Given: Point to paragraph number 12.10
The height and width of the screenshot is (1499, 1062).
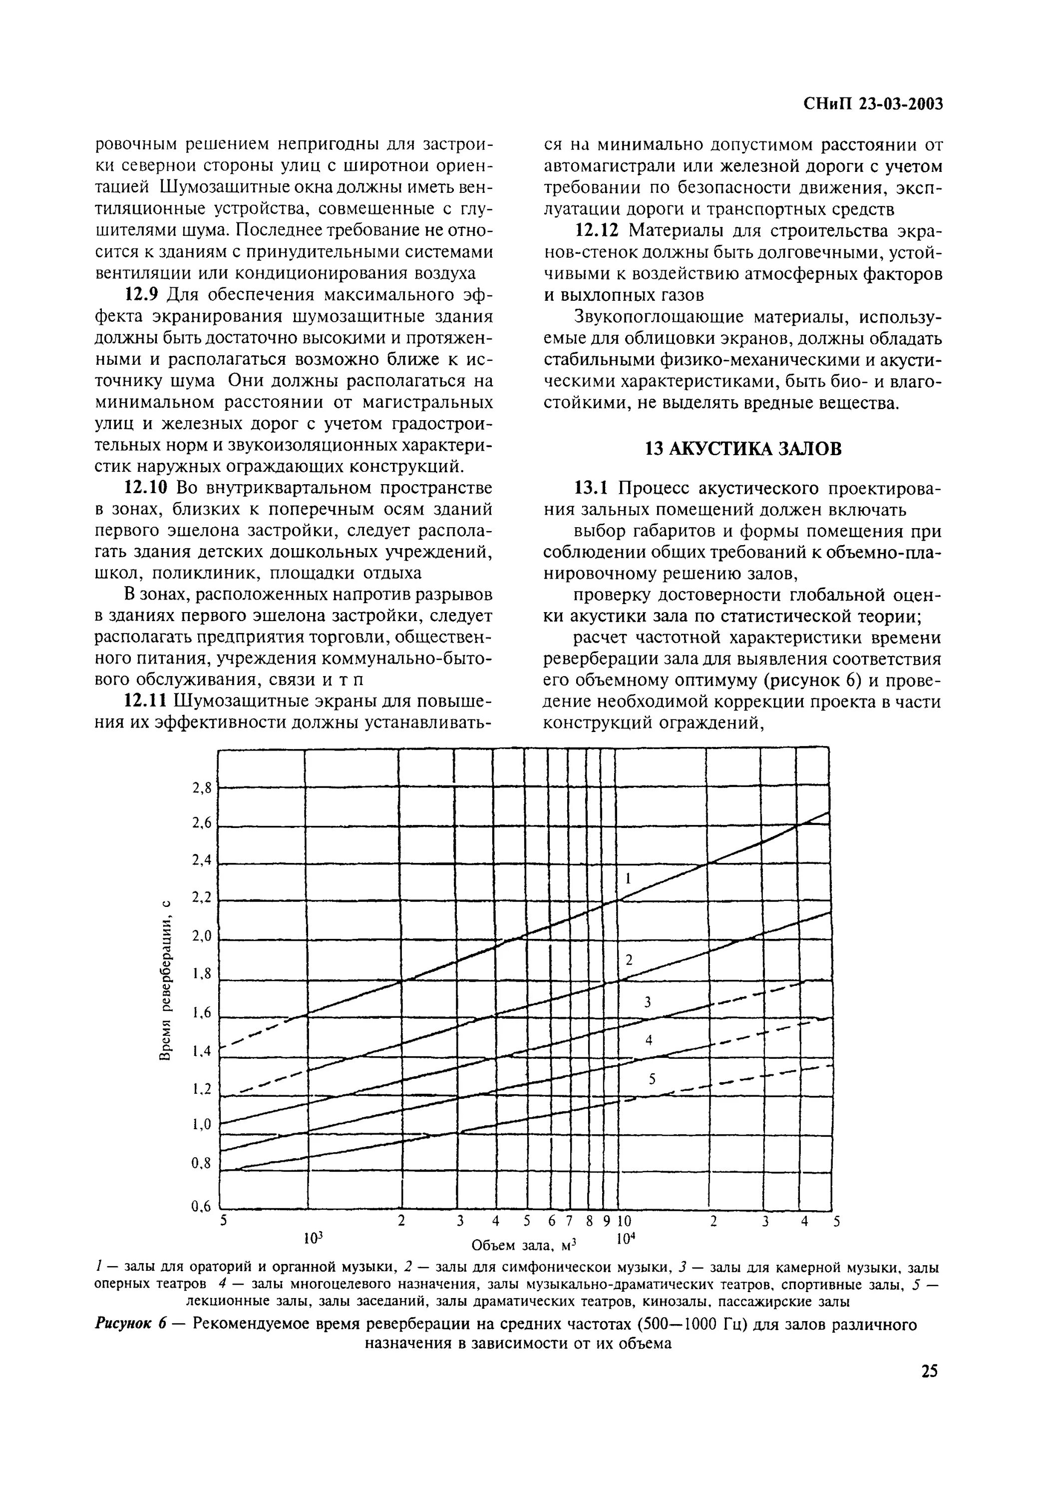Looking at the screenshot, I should pos(146,488).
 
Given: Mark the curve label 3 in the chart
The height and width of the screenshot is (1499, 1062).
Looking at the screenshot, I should pos(648,1002).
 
